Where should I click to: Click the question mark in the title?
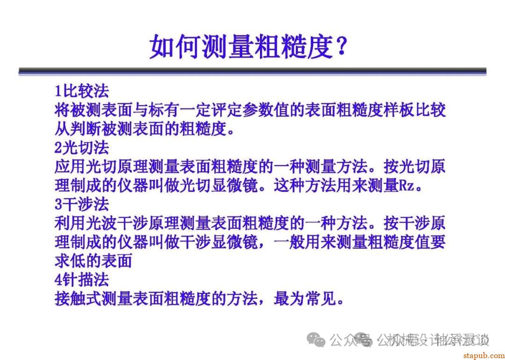[341, 46]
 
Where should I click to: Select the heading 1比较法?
[82, 90]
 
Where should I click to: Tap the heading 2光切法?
[82, 147]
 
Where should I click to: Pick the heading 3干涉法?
[82, 204]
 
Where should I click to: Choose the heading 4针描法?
[82, 280]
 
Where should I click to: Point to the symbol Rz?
[406, 186]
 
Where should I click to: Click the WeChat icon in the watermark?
[318, 340]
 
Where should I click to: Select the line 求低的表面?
[94, 261]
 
